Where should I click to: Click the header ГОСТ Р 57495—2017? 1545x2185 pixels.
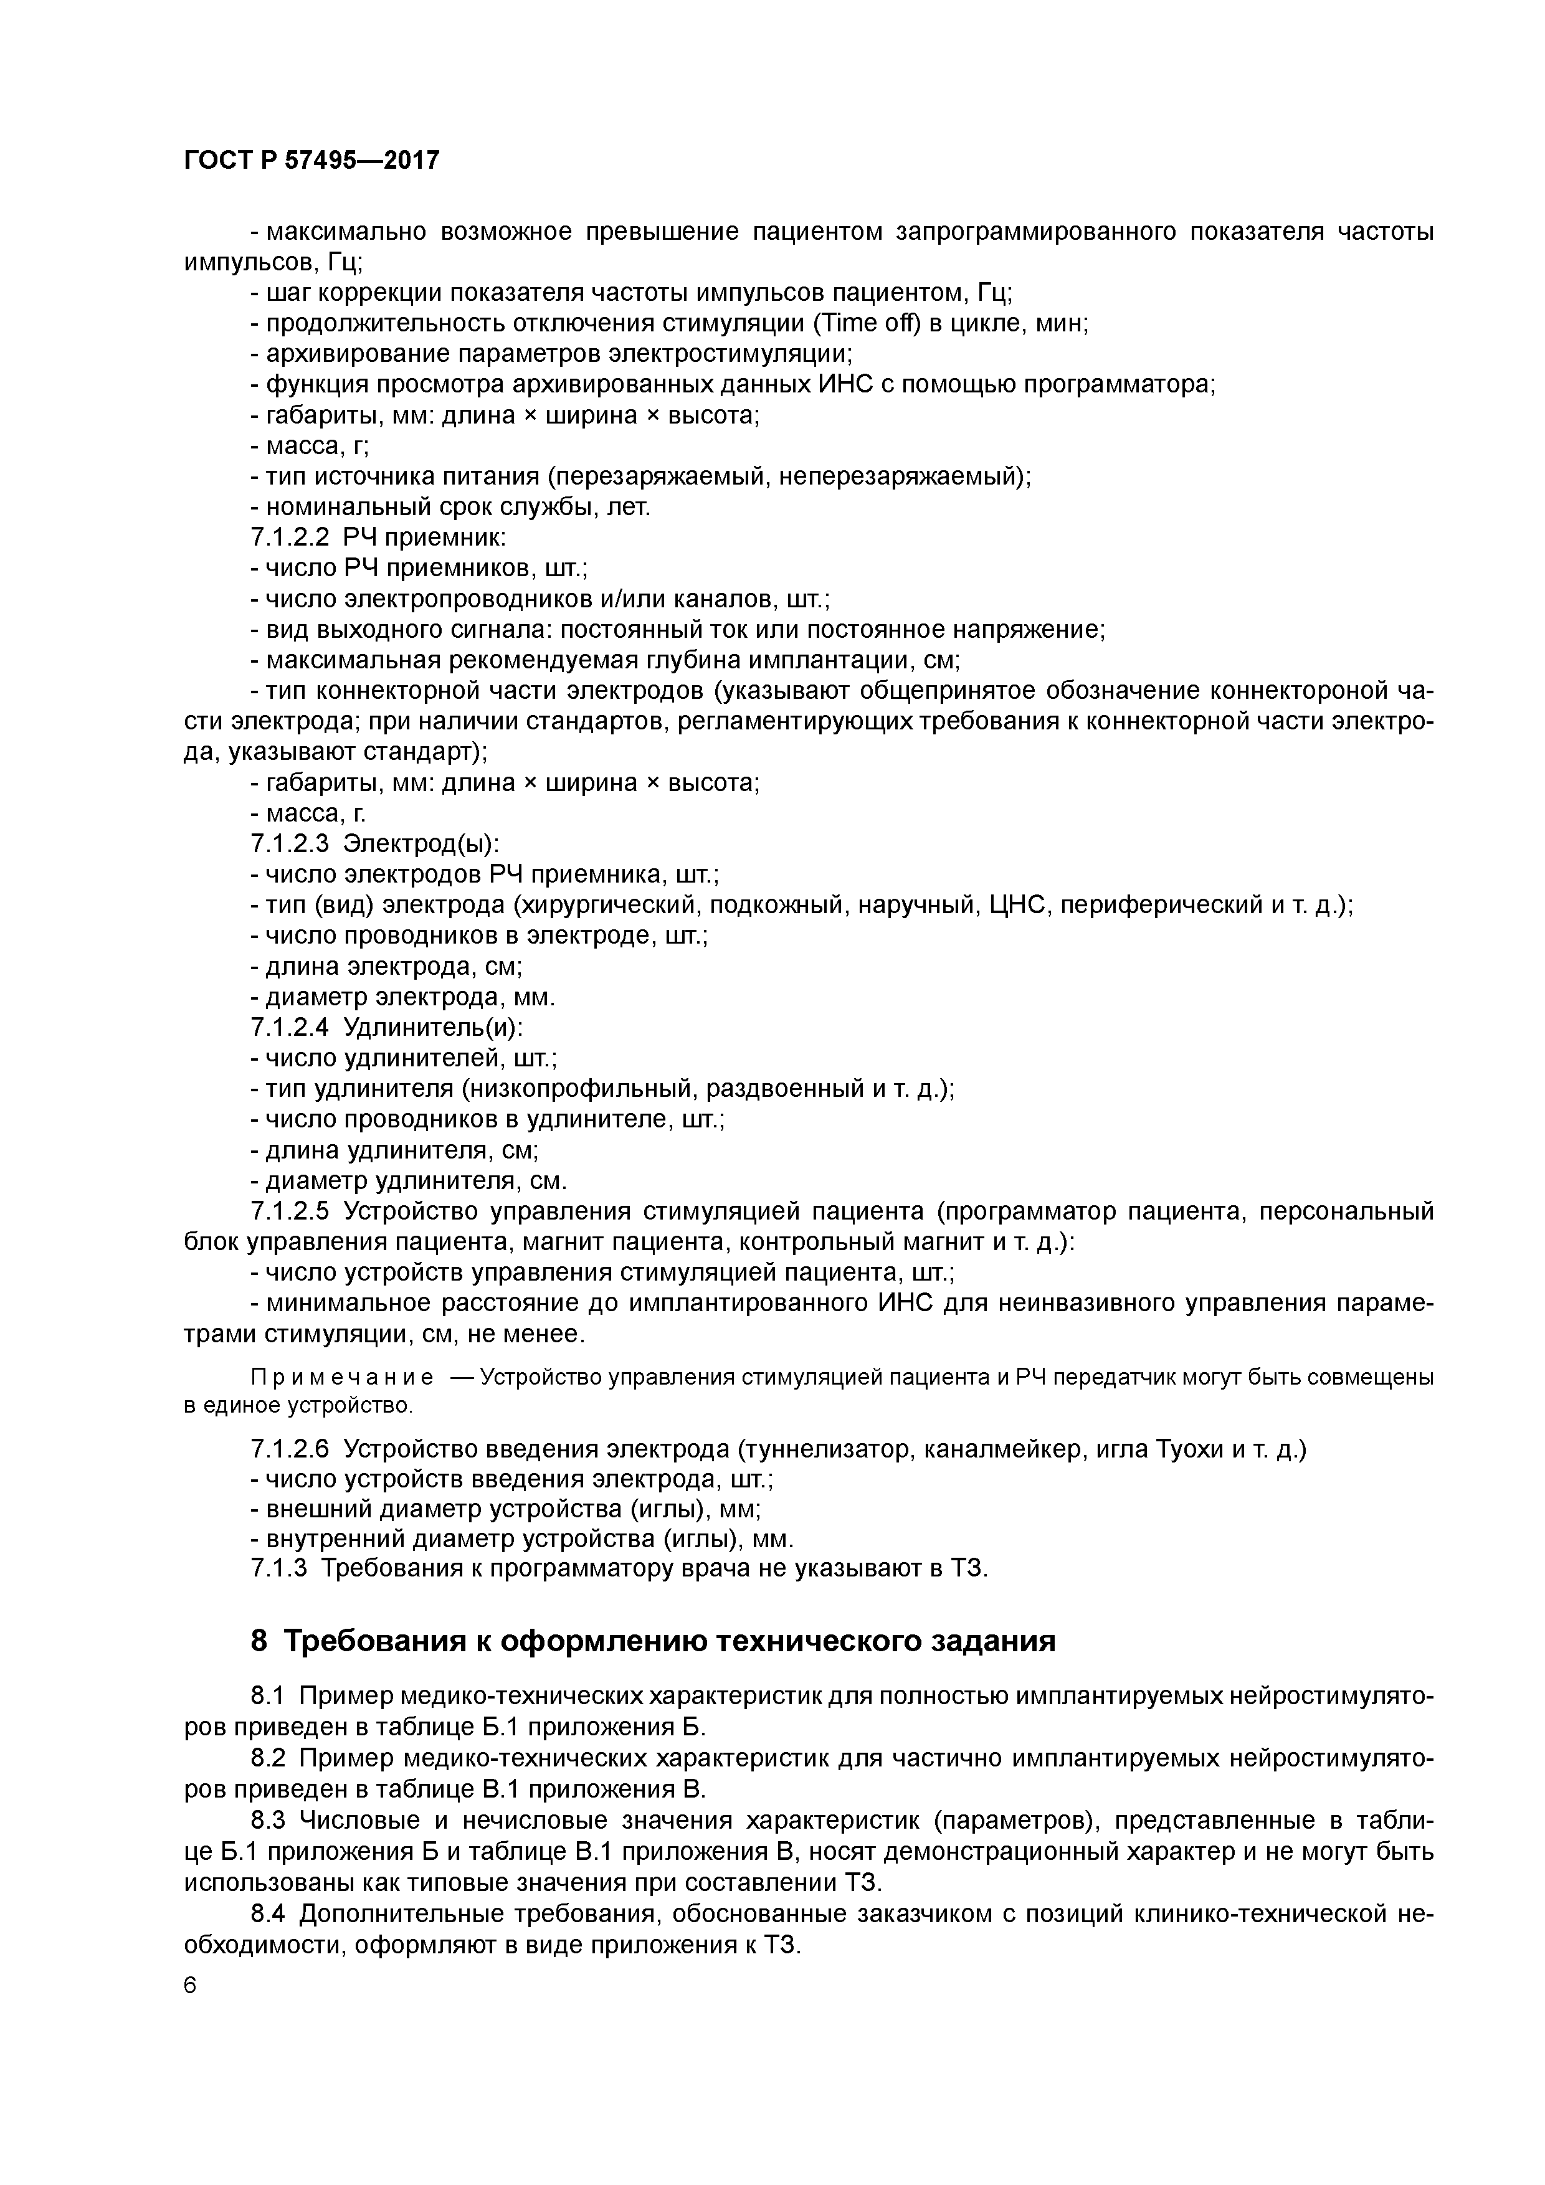click(x=311, y=160)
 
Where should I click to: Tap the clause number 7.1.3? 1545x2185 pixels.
click(x=279, y=1568)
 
